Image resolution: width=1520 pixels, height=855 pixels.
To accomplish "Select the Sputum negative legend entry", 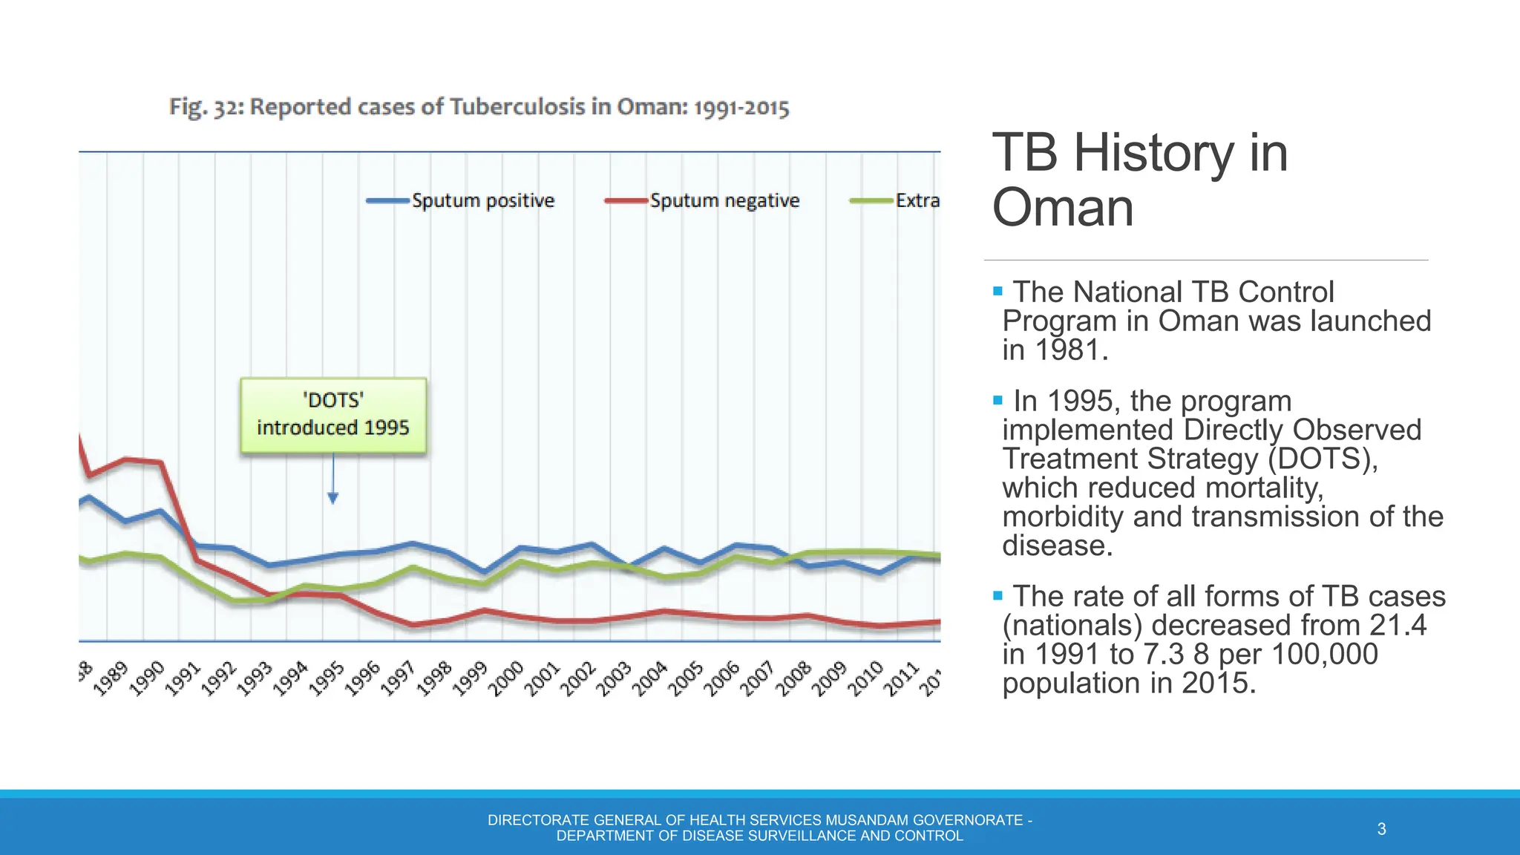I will [x=703, y=200].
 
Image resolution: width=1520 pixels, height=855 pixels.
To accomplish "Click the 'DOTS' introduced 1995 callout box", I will [x=333, y=415].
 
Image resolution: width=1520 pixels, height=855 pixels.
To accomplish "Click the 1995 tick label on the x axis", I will [x=327, y=678].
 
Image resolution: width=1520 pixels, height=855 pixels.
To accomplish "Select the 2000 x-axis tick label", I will [x=506, y=678].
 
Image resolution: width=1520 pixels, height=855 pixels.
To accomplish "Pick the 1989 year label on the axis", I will [x=111, y=678].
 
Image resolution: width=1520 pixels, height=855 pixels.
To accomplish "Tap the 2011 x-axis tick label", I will [x=902, y=678].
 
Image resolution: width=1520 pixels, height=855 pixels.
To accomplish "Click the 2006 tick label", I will [x=721, y=678].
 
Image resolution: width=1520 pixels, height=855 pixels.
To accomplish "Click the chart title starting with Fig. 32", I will [x=479, y=107].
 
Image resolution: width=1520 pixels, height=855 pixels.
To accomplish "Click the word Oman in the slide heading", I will [x=1063, y=207].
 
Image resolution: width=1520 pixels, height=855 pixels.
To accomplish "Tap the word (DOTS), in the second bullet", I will [x=1323, y=459].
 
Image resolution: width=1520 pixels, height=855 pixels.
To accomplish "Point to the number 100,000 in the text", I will [x=1324, y=654].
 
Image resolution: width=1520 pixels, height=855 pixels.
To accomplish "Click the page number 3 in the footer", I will [x=1381, y=829].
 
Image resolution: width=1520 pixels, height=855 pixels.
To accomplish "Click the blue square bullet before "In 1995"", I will [x=997, y=400].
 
